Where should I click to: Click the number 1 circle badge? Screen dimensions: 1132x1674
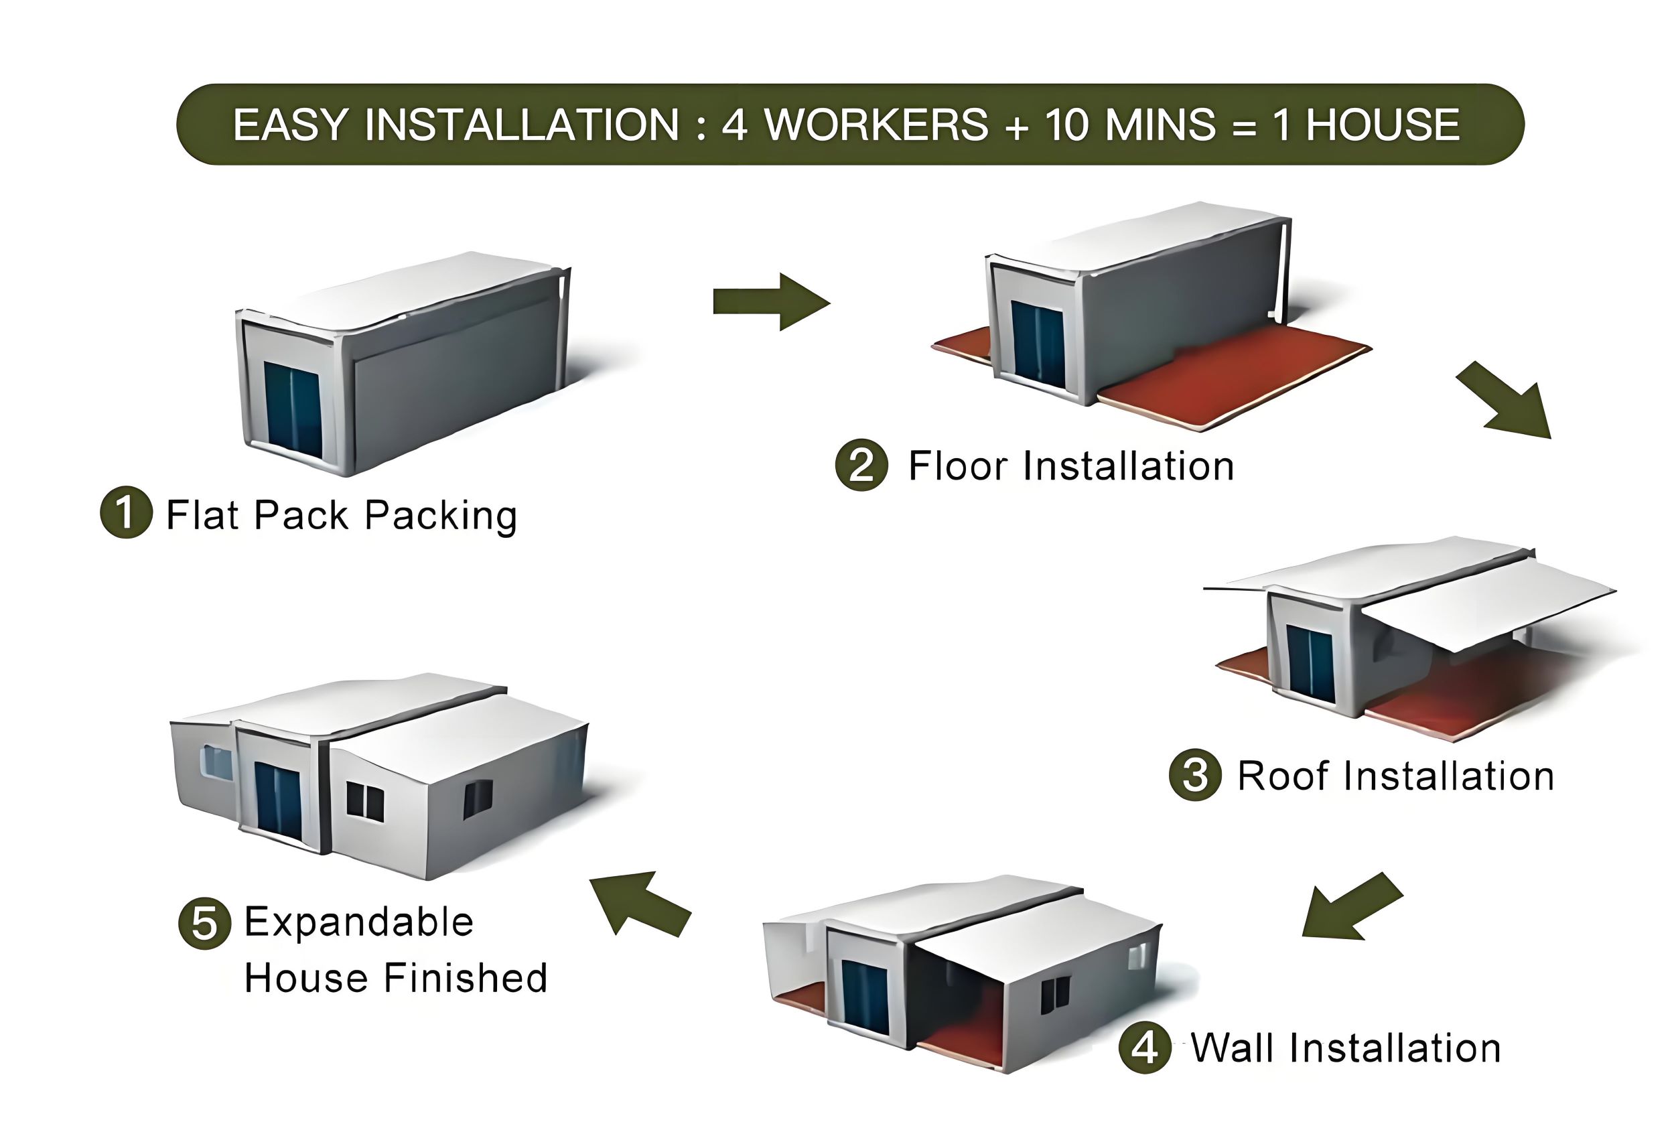tap(126, 512)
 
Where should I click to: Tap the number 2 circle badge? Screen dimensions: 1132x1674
tap(861, 464)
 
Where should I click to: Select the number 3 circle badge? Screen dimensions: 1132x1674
tap(1195, 775)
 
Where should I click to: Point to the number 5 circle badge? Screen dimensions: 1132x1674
tap(204, 923)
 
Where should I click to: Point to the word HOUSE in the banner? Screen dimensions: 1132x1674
tap(1383, 125)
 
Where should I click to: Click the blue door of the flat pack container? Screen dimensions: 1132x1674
tap(293, 410)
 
